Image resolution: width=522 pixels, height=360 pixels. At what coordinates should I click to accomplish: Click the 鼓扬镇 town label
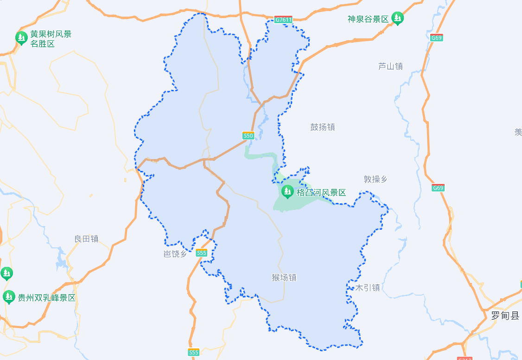point(323,127)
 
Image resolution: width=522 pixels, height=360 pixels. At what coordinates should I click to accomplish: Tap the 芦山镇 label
point(390,66)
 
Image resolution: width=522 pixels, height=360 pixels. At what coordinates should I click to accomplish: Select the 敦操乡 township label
point(375,179)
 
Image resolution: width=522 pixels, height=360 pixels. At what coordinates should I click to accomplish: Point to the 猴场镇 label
point(284,278)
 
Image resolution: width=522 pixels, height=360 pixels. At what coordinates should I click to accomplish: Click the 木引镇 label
point(368,288)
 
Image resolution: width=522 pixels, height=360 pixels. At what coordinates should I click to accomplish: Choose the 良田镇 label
point(86,239)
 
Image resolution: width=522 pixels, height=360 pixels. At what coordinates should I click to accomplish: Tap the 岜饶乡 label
point(176,253)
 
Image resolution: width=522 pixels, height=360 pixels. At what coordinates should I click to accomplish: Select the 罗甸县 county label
point(505,316)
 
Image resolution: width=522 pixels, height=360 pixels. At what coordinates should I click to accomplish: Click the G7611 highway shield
point(283,20)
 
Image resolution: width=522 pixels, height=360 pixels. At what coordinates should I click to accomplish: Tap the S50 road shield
point(248,136)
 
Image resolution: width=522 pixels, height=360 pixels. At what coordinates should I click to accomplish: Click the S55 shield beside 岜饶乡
point(201,253)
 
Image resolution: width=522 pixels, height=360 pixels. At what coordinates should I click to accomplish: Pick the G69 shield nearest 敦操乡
point(438,188)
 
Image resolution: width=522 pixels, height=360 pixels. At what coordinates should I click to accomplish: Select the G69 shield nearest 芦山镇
point(436,38)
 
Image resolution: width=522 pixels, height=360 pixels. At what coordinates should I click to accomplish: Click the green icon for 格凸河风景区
point(287,191)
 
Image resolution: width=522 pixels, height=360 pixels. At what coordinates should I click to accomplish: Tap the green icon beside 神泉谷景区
point(397,19)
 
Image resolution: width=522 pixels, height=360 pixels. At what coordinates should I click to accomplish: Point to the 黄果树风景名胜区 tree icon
point(21,38)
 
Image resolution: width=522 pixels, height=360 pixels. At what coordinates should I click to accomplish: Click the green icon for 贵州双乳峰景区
point(9,297)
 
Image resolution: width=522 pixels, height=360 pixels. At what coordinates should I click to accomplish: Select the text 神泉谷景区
point(368,19)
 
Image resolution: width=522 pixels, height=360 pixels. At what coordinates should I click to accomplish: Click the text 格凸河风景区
point(321,193)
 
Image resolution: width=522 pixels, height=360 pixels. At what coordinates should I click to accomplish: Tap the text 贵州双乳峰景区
point(46,298)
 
